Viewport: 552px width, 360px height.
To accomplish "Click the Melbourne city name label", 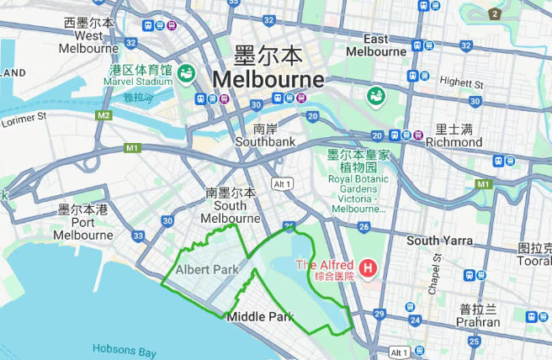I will point(268,80).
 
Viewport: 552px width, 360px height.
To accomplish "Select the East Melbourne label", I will point(376,45).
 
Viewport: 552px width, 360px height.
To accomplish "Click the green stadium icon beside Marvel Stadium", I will point(185,74).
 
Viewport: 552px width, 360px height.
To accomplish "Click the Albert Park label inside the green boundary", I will point(207,269).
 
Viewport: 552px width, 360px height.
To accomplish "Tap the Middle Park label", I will point(259,317).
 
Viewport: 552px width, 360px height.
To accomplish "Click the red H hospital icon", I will point(367,270).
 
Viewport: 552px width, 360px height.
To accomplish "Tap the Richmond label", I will point(454,136).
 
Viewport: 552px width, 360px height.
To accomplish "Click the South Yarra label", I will point(439,241).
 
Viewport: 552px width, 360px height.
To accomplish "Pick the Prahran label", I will point(478,315).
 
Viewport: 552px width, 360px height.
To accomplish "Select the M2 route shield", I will point(103,115).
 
